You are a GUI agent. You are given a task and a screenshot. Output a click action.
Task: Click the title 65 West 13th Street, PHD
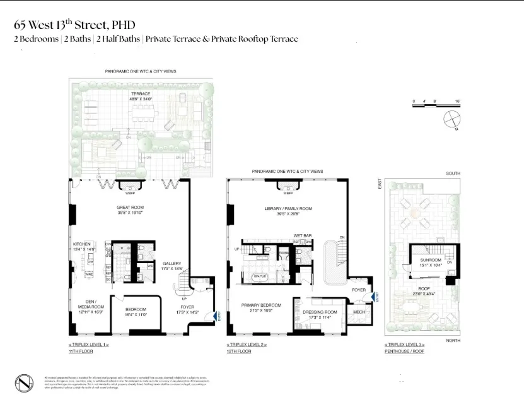pos(75,25)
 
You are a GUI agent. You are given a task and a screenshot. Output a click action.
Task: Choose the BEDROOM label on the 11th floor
pos(136,309)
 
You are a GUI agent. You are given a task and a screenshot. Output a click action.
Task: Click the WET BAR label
pos(303,235)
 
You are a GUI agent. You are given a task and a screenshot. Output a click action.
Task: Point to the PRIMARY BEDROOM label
pos(261,305)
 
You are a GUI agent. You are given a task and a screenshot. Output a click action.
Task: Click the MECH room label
pos(359,312)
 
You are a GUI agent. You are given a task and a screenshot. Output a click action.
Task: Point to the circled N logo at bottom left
pos(24,383)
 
